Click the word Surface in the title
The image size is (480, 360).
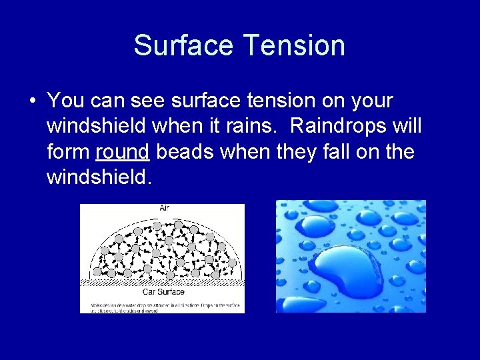[184, 45]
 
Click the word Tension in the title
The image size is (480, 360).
[294, 45]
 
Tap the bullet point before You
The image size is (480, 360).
[32, 102]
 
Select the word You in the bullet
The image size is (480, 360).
[65, 101]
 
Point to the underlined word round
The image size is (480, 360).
[123, 152]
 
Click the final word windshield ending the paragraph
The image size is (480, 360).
[104, 177]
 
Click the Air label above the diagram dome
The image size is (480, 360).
[164, 208]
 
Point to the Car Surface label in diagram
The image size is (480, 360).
[163, 291]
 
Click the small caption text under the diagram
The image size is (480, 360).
[162, 305]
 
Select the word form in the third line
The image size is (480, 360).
[69, 152]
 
